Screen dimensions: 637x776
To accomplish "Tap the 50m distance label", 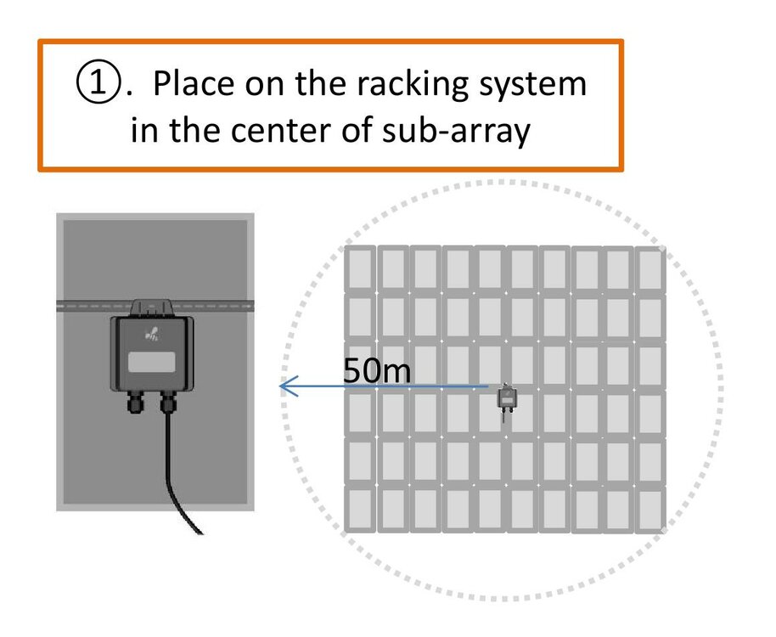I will [x=377, y=370].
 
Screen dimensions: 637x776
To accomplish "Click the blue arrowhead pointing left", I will [x=287, y=387].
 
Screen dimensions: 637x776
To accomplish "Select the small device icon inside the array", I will [x=507, y=398].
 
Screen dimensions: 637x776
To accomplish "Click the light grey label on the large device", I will [x=152, y=363].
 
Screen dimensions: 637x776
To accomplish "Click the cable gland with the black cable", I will [x=167, y=402].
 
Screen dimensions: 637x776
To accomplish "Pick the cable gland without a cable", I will [x=135, y=402].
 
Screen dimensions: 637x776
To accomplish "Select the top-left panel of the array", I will [x=359, y=268].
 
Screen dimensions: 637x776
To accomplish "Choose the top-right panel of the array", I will [x=650, y=268].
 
